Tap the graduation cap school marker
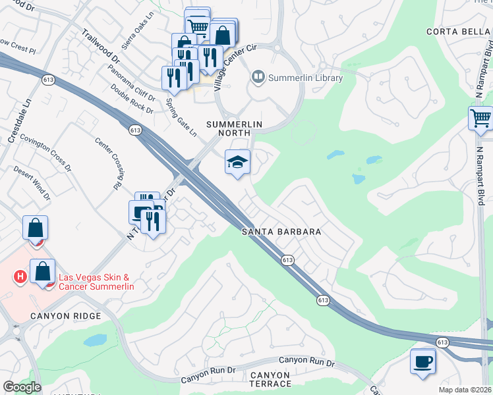coord(237,162)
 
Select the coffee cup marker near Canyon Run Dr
coord(422,361)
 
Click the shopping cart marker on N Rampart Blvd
coord(481,119)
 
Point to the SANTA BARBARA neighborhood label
coord(281,232)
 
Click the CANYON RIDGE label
coord(65,316)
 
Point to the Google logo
coord(21,387)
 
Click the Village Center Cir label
coord(235,68)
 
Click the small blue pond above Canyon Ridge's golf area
coord(95,340)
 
